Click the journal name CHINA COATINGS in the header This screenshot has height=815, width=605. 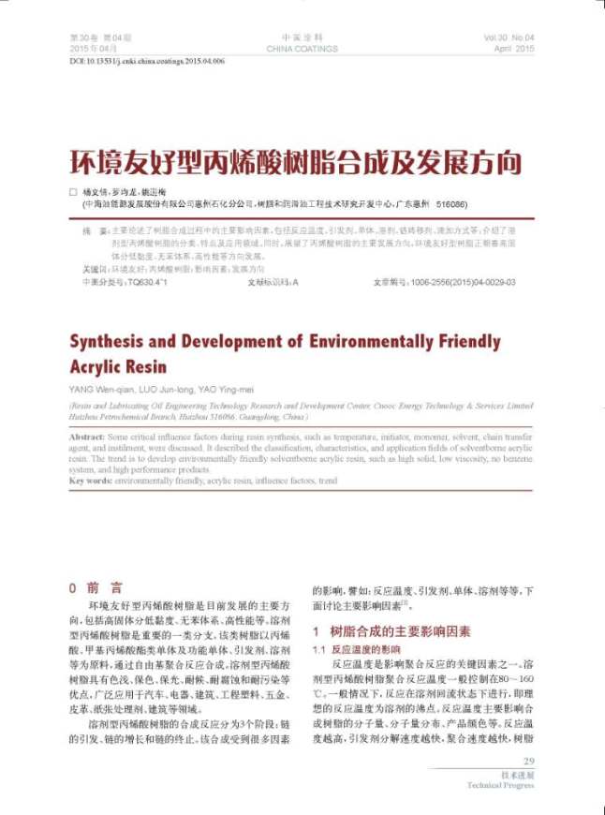(302, 48)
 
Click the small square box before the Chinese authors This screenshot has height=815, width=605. (74, 191)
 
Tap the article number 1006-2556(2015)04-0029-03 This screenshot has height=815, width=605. (465, 280)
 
